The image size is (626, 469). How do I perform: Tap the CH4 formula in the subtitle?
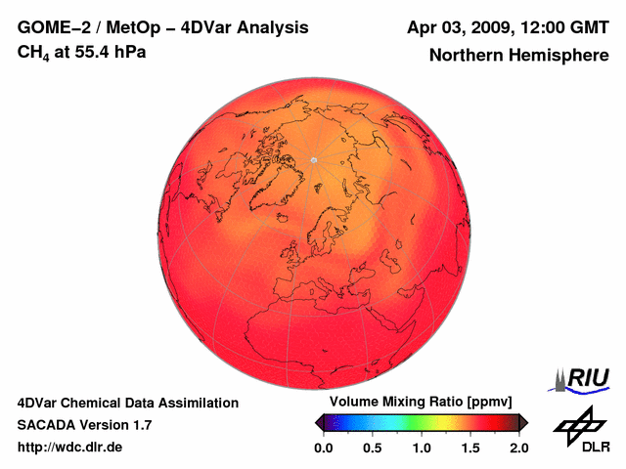[x=34, y=52]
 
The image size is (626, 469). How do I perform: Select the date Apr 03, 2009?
[x=459, y=27]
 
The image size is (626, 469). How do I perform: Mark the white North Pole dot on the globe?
[x=314, y=159]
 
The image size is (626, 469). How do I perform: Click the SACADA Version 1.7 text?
[x=84, y=425]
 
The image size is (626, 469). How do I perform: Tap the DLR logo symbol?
[x=577, y=424]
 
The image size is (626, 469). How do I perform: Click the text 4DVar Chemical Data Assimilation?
[x=127, y=403]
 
